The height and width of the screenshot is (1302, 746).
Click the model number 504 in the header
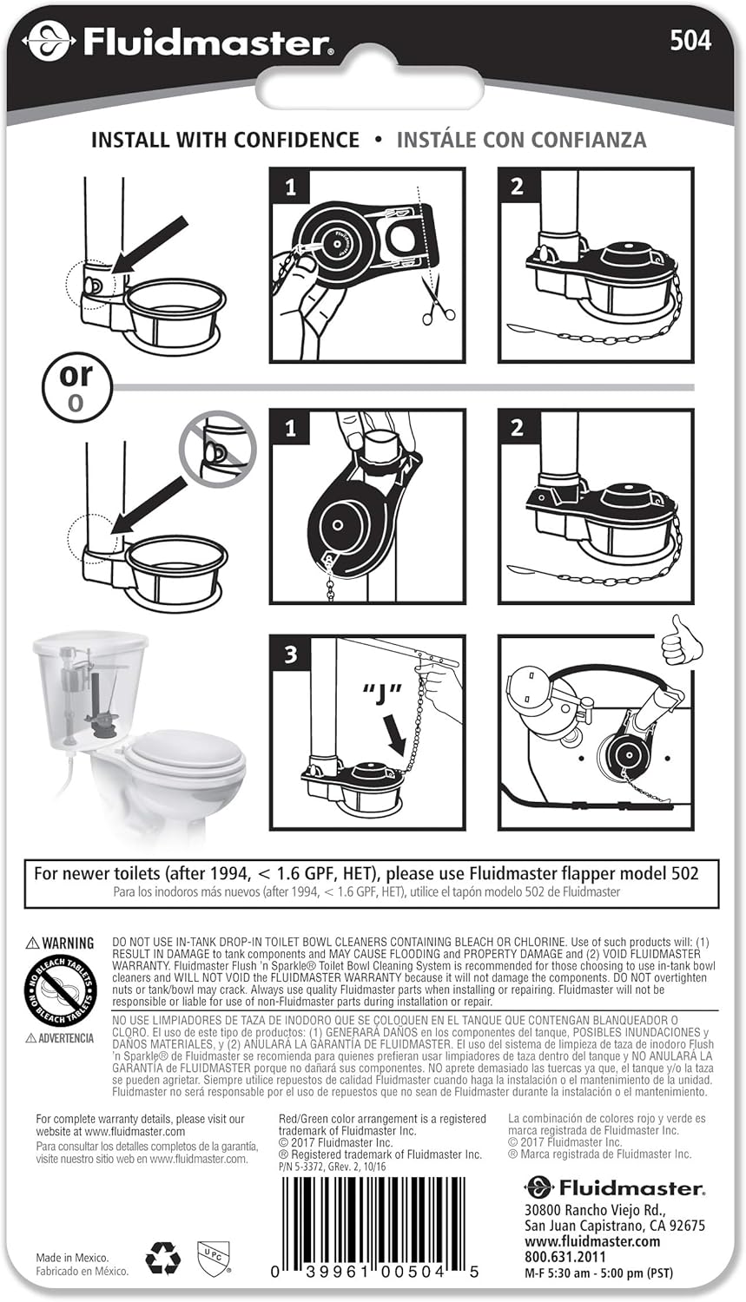point(690,41)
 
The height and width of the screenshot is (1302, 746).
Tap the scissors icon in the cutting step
point(437,301)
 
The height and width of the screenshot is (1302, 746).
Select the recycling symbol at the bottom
point(162,1259)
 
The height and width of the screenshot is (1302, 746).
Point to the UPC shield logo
point(214,1257)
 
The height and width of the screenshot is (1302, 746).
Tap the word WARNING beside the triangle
point(68,943)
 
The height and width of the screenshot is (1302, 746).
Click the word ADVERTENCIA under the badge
point(66,1038)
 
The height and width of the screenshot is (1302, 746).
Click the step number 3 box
point(290,654)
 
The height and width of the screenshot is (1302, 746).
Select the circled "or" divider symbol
point(76,386)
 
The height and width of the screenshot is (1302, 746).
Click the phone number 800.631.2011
point(564,1256)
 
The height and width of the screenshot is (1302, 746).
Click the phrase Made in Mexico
point(72,1258)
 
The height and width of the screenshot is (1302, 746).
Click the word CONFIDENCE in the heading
point(296,140)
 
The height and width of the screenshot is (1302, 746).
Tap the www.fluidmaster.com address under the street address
point(592,1241)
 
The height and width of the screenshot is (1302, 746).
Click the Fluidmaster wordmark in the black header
point(207,43)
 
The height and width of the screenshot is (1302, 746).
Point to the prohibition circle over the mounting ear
point(217,449)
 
